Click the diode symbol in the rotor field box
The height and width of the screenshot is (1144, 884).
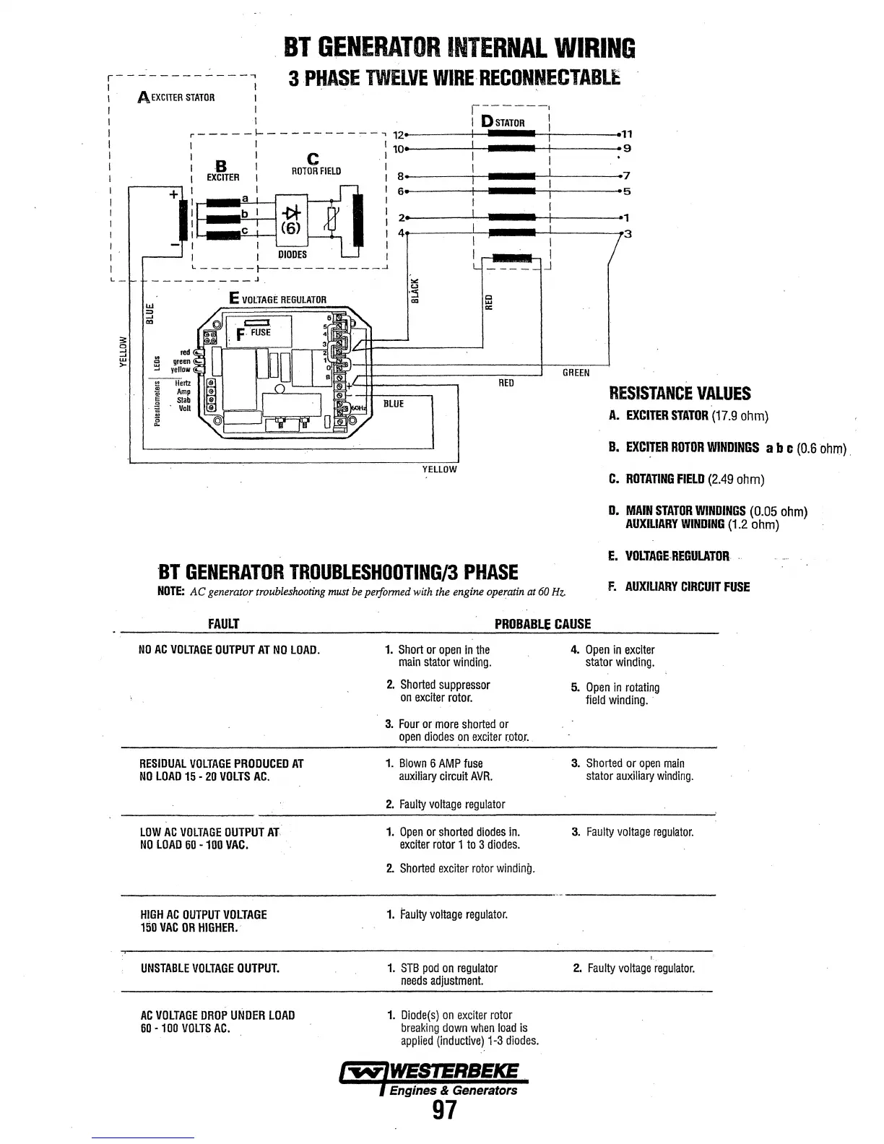[292, 212]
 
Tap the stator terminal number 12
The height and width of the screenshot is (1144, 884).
[396, 134]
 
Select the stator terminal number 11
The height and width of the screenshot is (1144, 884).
[627, 134]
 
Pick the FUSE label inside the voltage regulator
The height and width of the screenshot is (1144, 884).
[260, 332]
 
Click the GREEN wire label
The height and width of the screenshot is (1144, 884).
[576, 373]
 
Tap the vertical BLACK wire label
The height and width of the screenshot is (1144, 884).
[415, 290]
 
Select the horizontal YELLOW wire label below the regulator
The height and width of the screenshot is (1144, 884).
[439, 469]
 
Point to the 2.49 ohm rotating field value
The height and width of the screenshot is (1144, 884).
[735, 480]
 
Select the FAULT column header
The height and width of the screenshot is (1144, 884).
[223, 624]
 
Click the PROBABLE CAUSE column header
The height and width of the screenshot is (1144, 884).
[542, 624]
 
